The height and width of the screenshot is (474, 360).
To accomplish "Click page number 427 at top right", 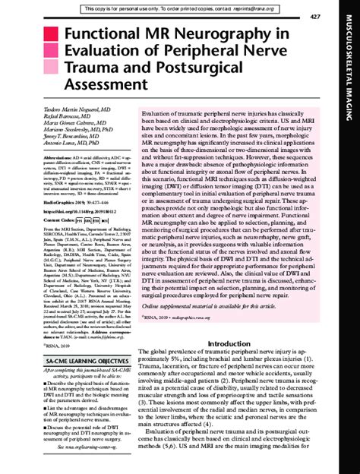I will click(336, 16).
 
